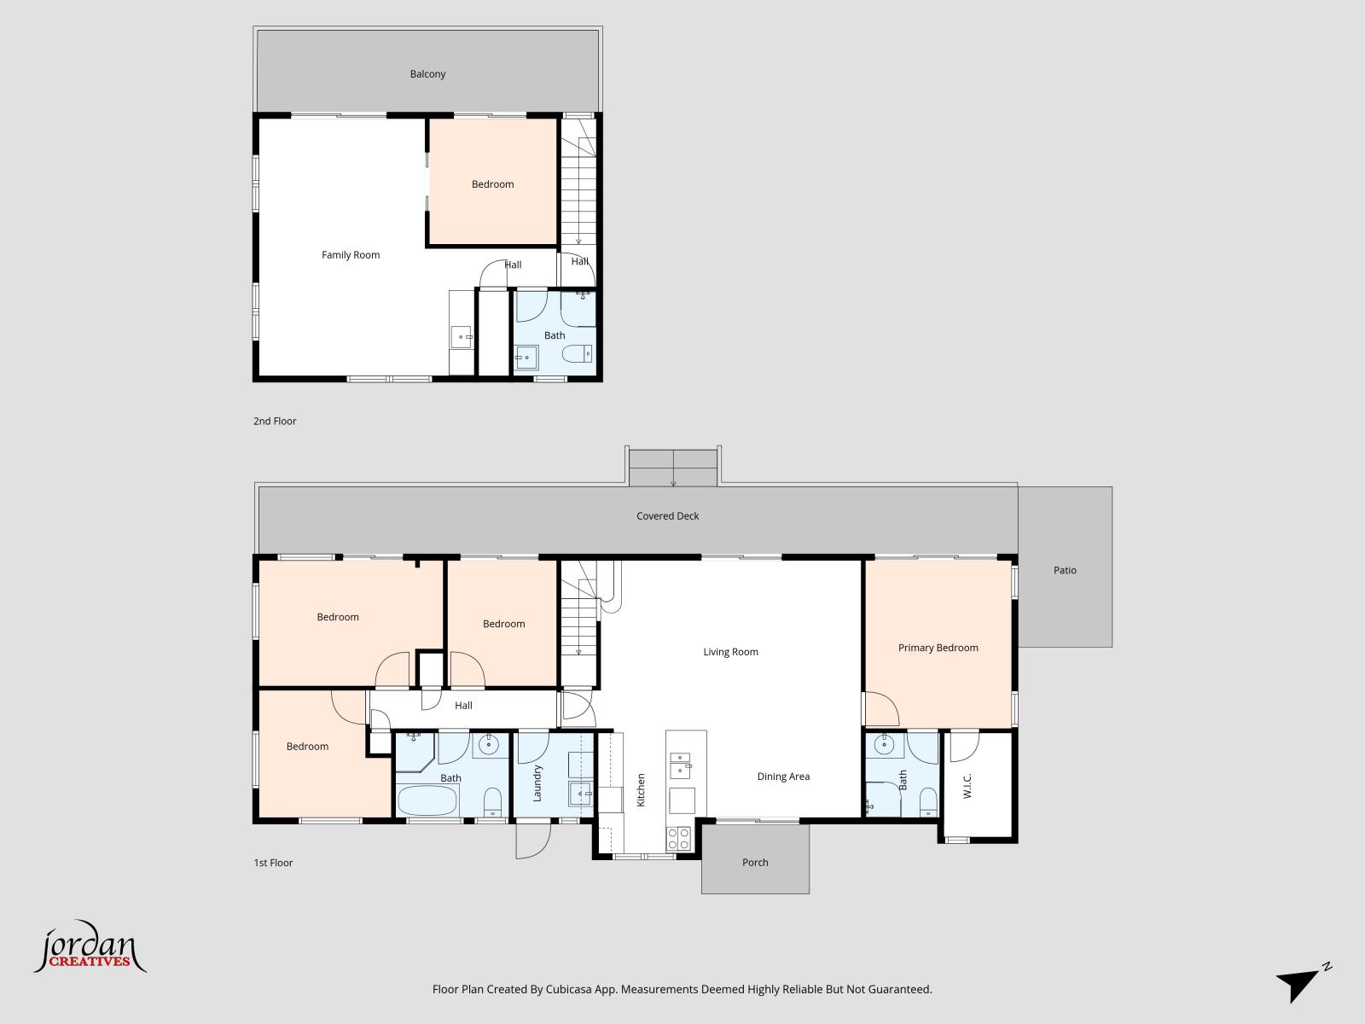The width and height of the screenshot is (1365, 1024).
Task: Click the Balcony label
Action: [x=427, y=74]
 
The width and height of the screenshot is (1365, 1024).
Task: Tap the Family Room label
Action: [x=351, y=255]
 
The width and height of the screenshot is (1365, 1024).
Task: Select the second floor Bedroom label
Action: [x=492, y=184]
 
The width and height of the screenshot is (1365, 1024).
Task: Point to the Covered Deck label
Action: [x=667, y=516]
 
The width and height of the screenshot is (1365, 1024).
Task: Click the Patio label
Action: [x=1065, y=570]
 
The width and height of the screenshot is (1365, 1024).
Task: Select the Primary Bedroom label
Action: [x=938, y=648]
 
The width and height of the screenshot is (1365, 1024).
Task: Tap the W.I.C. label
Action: [x=967, y=786]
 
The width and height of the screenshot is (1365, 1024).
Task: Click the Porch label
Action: [x=755, y=863]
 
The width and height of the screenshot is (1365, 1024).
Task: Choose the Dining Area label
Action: [x=783, y=777]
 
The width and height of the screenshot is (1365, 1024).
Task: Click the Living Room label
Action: [x=730, y=652]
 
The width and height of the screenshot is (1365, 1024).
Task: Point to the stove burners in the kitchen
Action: [x=679, y=839]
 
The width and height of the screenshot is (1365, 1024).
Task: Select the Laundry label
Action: [x=537, y=783]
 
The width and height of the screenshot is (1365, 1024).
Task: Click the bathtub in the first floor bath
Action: [x=427, y=802]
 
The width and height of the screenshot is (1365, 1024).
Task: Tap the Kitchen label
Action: [x=641, y=789]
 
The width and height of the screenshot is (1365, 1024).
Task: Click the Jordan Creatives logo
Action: [x=90, y=949]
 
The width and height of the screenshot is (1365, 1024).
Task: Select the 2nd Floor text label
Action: [x=275, y=422]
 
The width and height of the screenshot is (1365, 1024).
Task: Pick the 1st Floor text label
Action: [x=273, y=863]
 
